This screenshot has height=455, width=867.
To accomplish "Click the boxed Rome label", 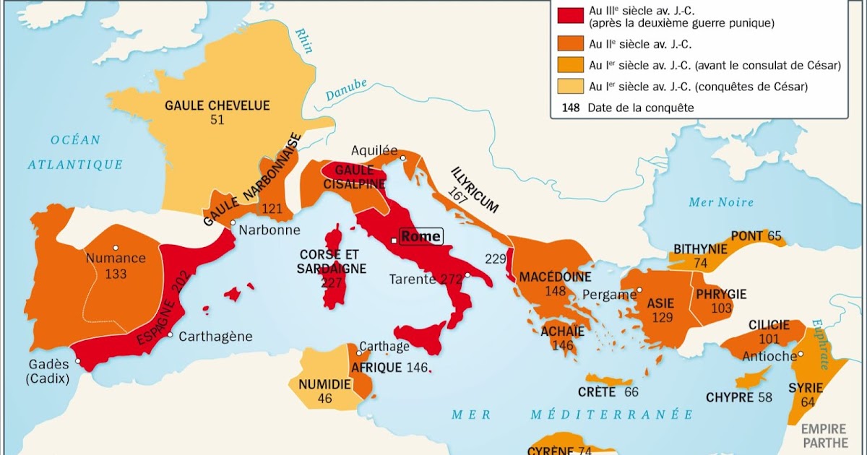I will click(x=420, y=237).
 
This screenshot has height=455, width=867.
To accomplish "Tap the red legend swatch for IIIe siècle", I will click(x=569, y=15).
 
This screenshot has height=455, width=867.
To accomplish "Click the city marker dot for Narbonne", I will click(x=233, y=222).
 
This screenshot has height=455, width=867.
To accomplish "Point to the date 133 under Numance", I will click(x=116, y=274).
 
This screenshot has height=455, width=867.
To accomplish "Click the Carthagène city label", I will click(x=215, y=336).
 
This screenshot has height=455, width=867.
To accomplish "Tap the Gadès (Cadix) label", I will click(x=46, y=370).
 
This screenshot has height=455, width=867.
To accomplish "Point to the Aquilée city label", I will click(x=374, y=150).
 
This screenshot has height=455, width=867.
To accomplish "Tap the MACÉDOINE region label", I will click(x=555, y=277).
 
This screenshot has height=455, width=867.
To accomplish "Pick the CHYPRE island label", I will click(x=730, y=397).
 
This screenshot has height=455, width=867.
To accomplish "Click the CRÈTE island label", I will click(x=596, y=392).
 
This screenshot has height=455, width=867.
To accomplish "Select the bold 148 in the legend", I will click(x=569, y=108).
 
